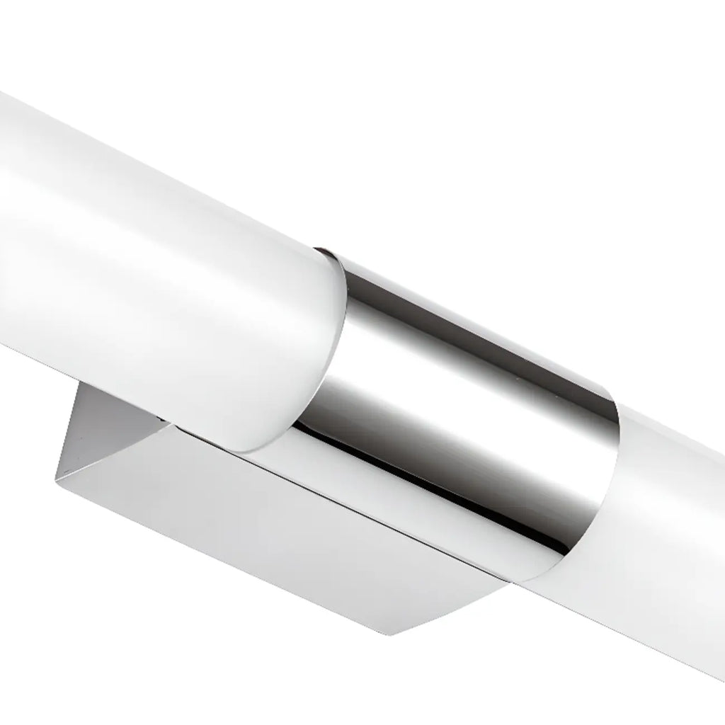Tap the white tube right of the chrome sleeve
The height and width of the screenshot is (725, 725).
point(673,510)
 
